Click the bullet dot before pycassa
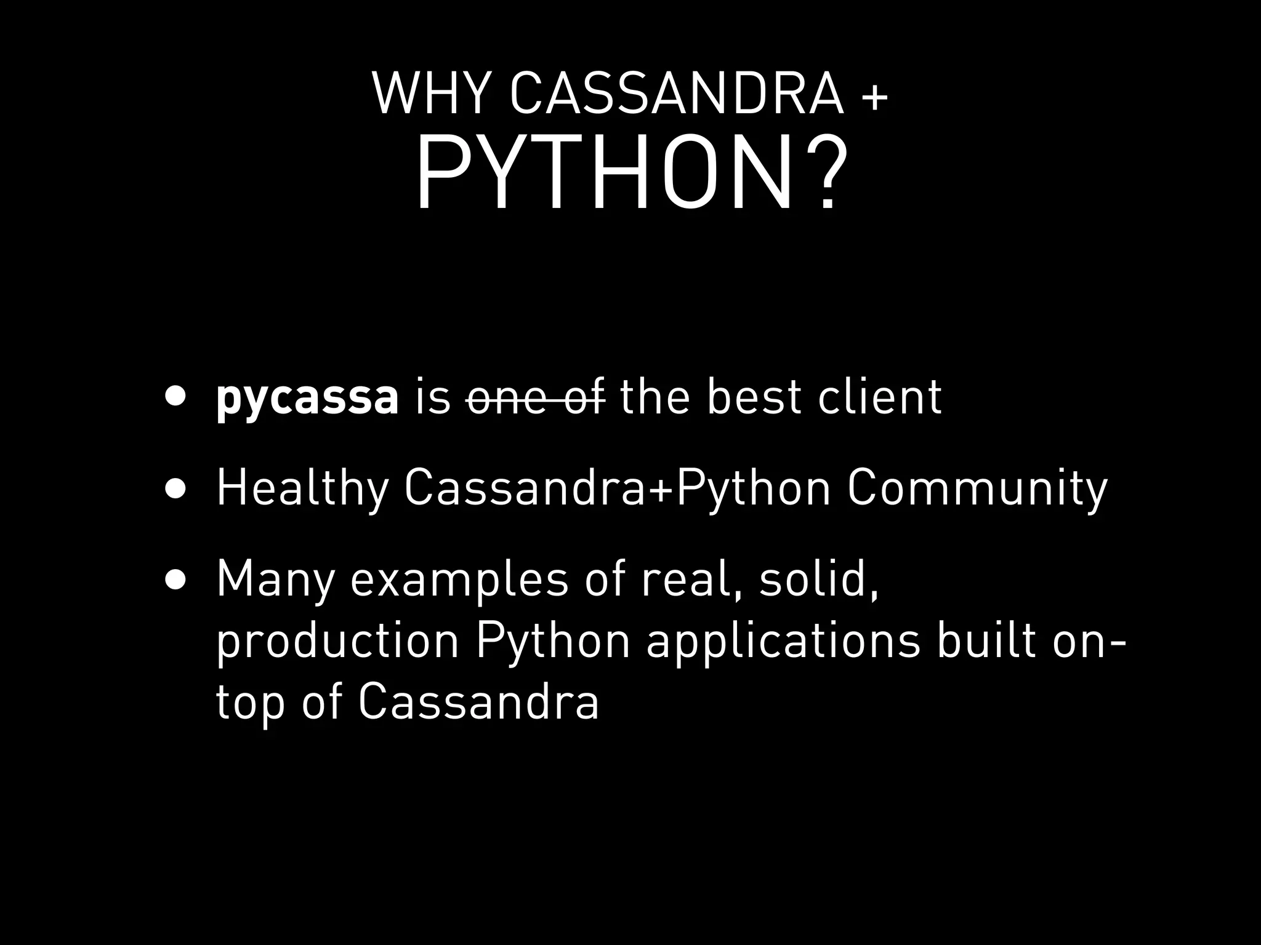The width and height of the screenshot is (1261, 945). pyautogui.click(x=175, y=397)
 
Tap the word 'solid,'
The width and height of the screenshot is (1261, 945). pyautogui.click(x=818, y=580)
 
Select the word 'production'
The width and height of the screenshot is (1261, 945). pyautogui.click(x=338, y=642)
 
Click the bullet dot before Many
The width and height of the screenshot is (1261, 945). pyautogui.click(x=175, y=580)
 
